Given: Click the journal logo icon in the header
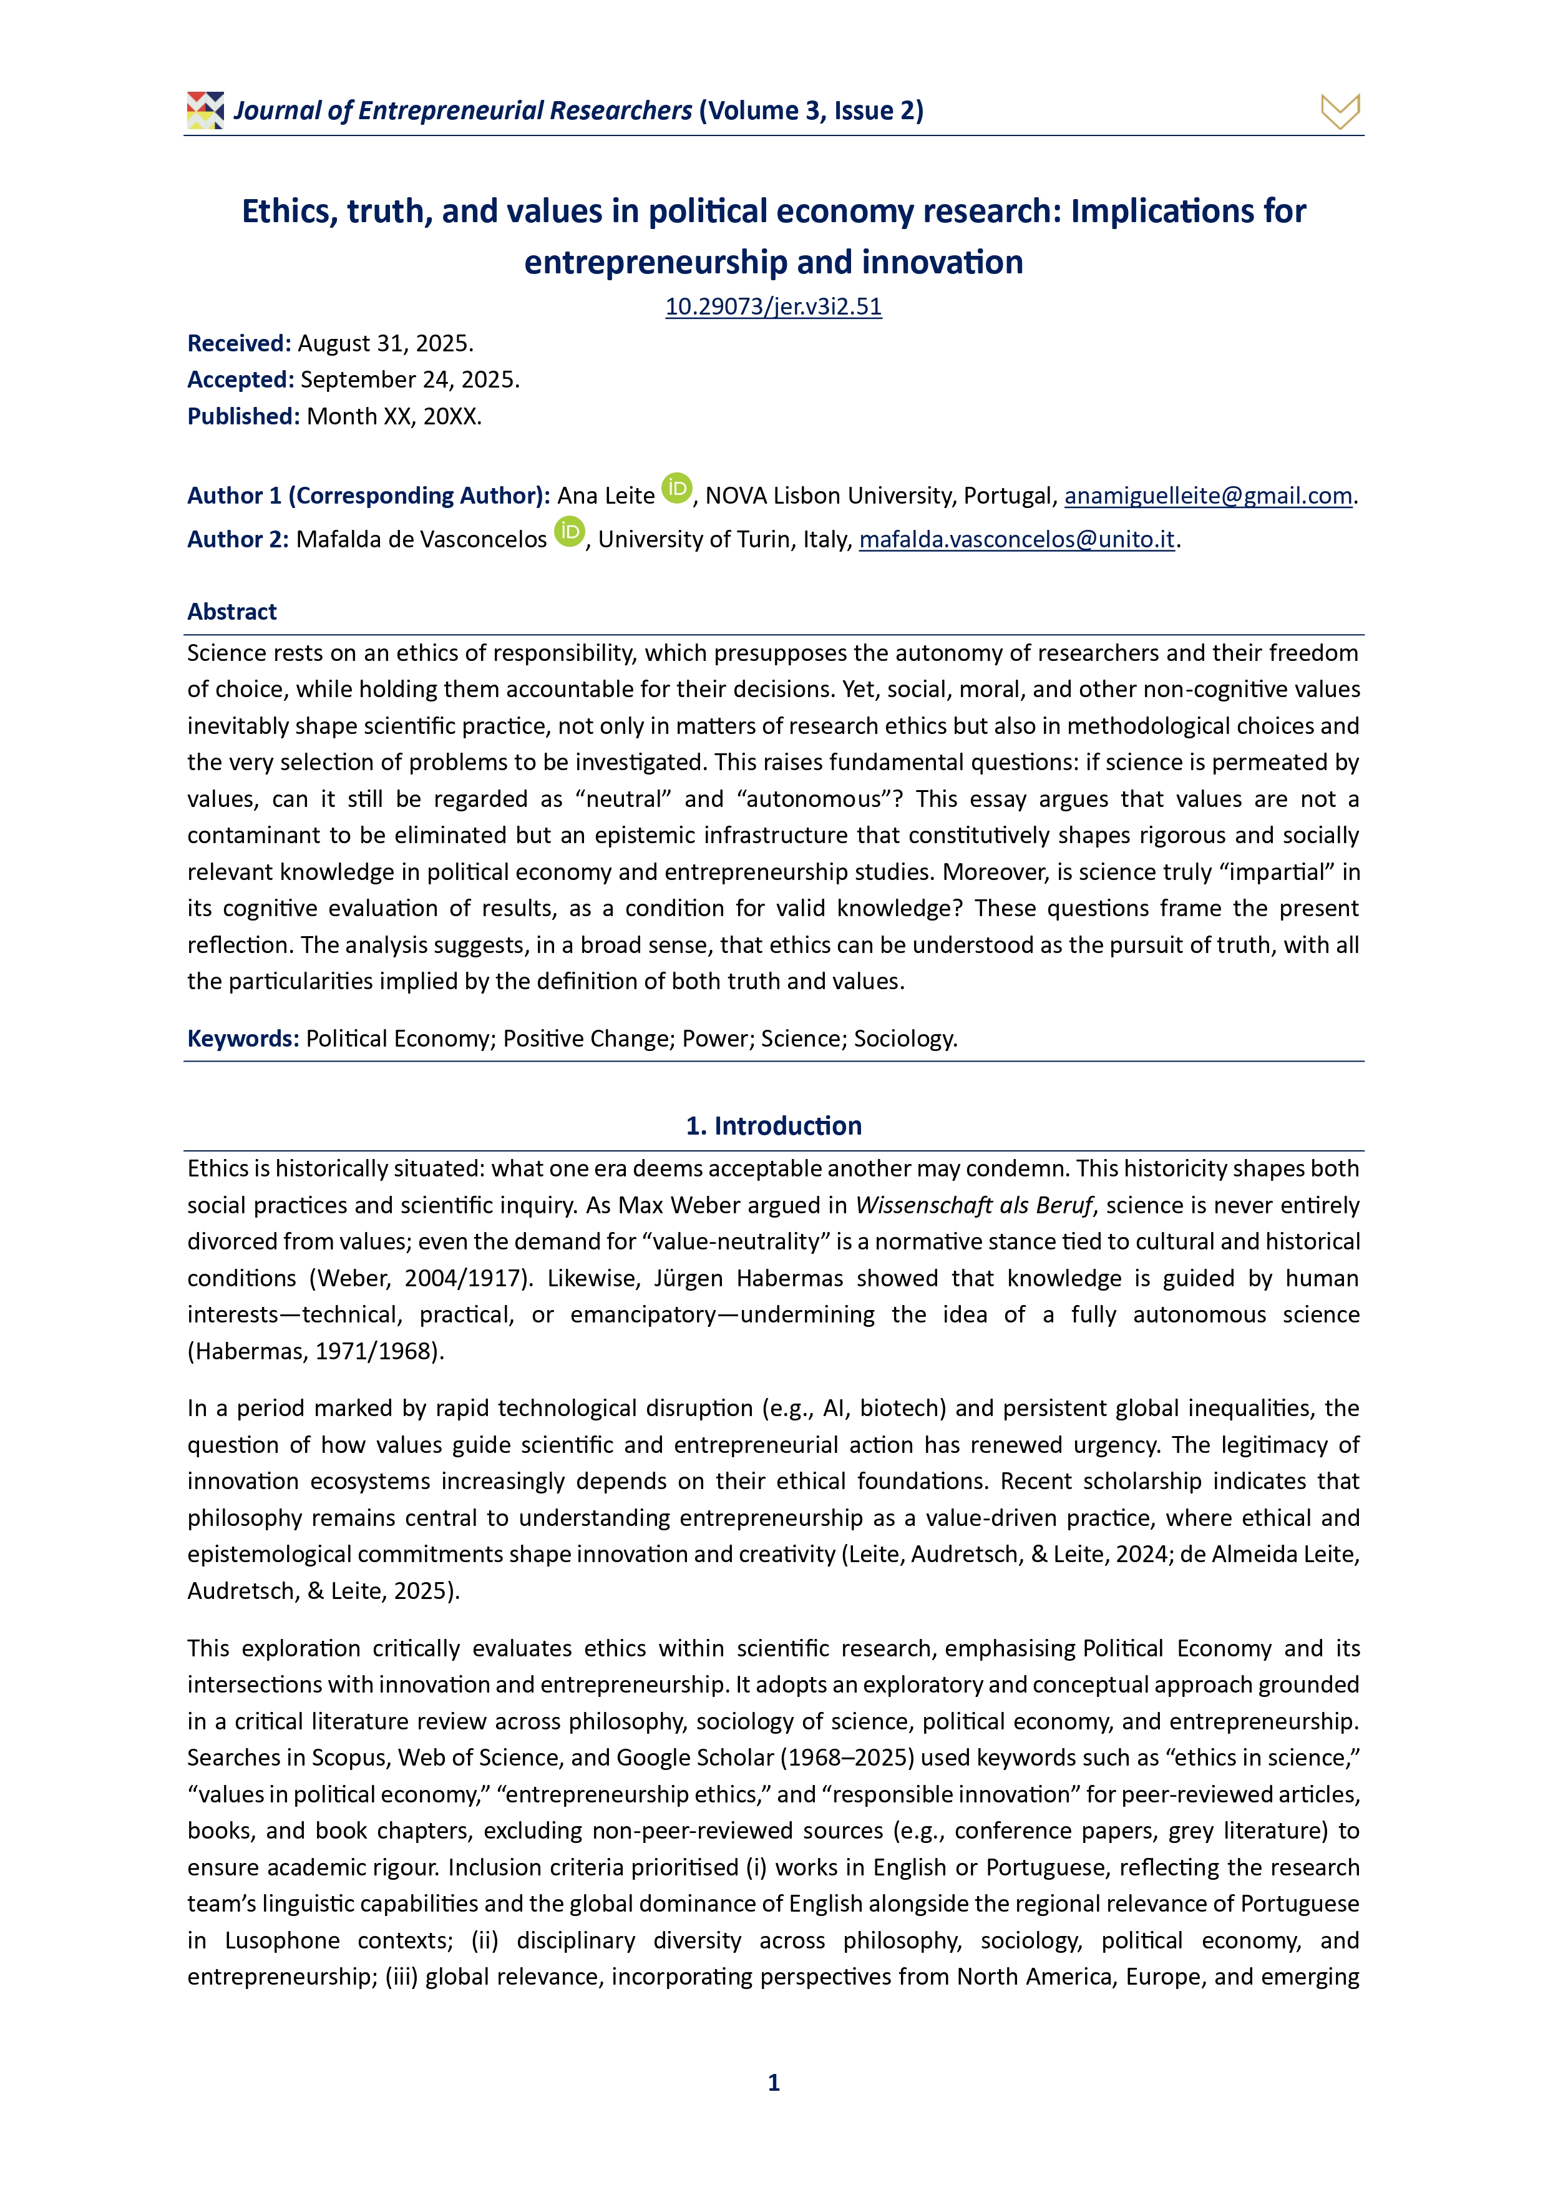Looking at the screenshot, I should (205, 110).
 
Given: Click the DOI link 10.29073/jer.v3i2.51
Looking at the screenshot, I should (774, 306).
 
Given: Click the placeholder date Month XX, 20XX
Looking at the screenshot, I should (394, 417).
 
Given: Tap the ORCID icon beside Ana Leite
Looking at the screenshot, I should (676, 488).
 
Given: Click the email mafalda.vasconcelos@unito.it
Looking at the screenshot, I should (1017, 540).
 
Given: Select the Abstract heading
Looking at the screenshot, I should (231, 612).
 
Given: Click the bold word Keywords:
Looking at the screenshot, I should (243, 1039).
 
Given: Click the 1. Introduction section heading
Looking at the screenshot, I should (774, 1127).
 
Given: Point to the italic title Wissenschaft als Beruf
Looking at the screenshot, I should (973, 1206).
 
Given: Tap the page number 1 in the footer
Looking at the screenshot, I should (774, 2082).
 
